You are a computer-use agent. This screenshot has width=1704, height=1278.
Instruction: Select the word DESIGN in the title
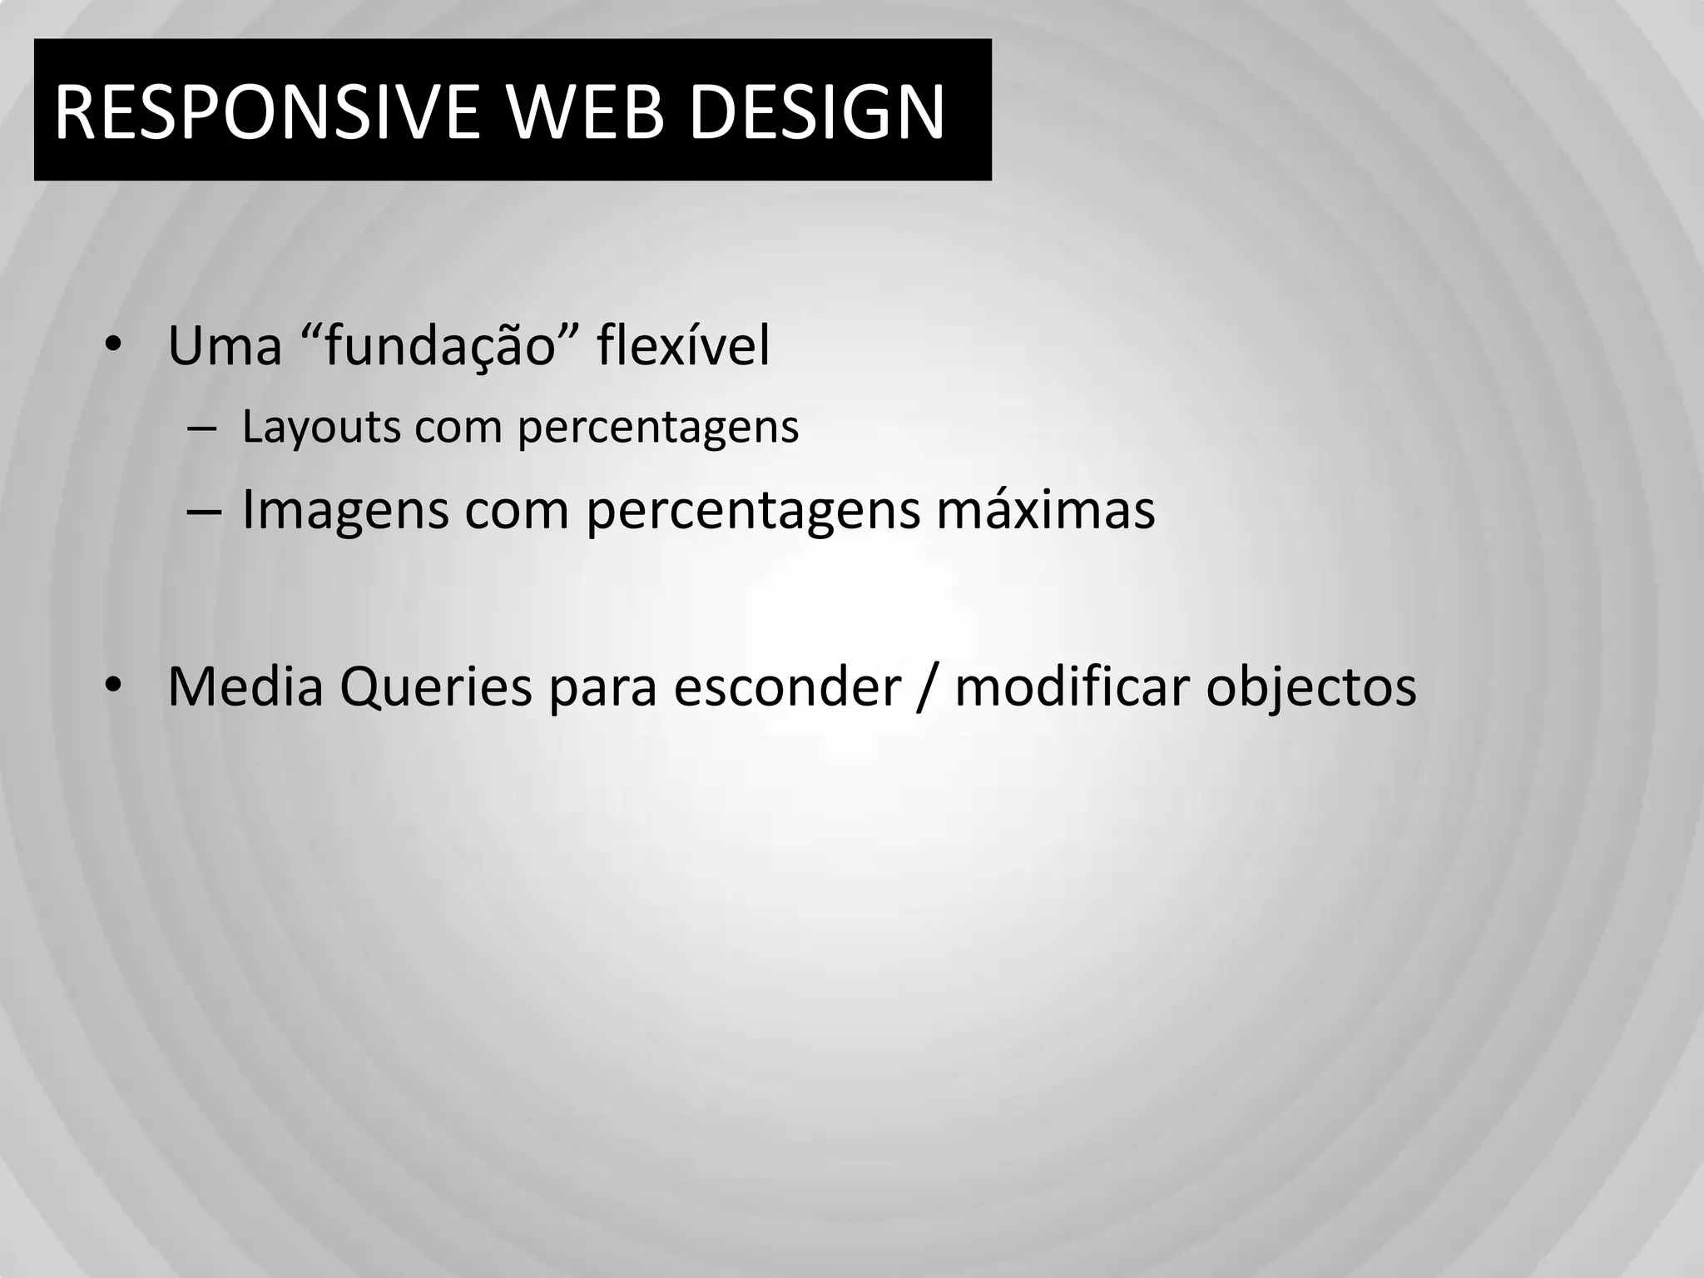coord(817,111)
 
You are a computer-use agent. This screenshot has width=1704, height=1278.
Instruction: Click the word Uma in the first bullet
coord(225,346)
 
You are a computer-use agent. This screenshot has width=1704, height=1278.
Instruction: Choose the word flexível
coord(683,346)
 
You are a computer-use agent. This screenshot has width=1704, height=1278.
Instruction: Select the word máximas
coord(1046,509)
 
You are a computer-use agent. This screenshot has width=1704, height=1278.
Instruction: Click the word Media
coord(245,687)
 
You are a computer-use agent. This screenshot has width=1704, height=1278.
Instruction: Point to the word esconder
coord(787,687)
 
